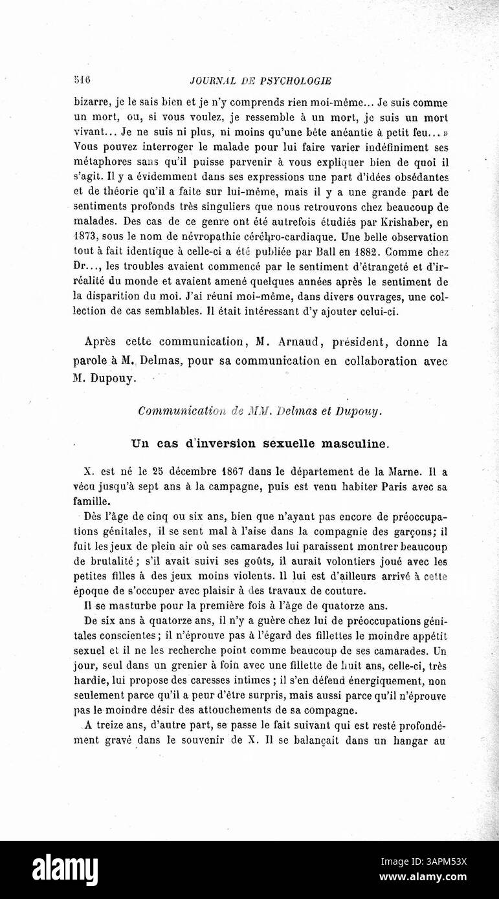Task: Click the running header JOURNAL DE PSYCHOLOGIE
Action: click(261, 81)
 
